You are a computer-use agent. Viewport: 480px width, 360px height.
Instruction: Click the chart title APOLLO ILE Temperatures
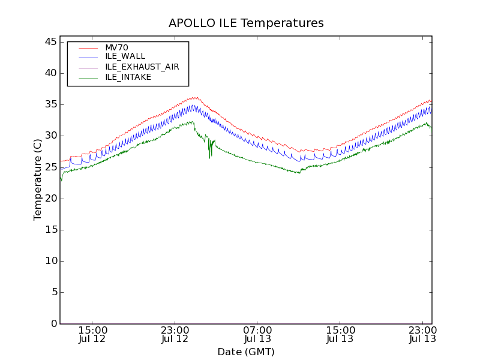tap(246, 23)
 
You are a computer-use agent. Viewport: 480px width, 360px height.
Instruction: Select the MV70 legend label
tap(116, 47)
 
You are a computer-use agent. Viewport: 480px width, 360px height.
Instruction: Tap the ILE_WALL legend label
tap(125, 56)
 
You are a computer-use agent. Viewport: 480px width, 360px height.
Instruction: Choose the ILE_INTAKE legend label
tap(128, 77)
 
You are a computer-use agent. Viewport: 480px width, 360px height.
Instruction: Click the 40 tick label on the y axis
tap(50, 73)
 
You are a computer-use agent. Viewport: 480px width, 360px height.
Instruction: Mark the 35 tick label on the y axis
tap(50, 104)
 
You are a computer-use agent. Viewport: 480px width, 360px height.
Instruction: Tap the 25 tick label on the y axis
tap(50, 167)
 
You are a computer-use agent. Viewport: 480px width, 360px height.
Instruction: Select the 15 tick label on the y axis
tap(50, 230)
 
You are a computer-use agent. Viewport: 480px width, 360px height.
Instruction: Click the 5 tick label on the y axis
tap(53, 292)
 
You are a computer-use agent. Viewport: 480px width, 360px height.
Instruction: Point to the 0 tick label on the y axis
tap(53, 324)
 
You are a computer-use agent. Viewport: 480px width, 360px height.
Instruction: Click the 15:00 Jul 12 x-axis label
tap(92, 334)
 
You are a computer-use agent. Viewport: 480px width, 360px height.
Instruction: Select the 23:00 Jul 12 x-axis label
tap(175, 334)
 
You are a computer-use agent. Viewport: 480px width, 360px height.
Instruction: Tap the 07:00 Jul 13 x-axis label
tap(257, 334)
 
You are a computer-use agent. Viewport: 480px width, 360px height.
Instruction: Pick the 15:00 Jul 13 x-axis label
tap(340, 334)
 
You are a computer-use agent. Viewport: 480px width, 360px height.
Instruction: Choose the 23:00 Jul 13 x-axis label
tap(422, 334)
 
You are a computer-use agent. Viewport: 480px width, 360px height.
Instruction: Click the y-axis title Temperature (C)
tap(38, 179)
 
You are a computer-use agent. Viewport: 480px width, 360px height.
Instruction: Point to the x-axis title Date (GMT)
tap(246, 352)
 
